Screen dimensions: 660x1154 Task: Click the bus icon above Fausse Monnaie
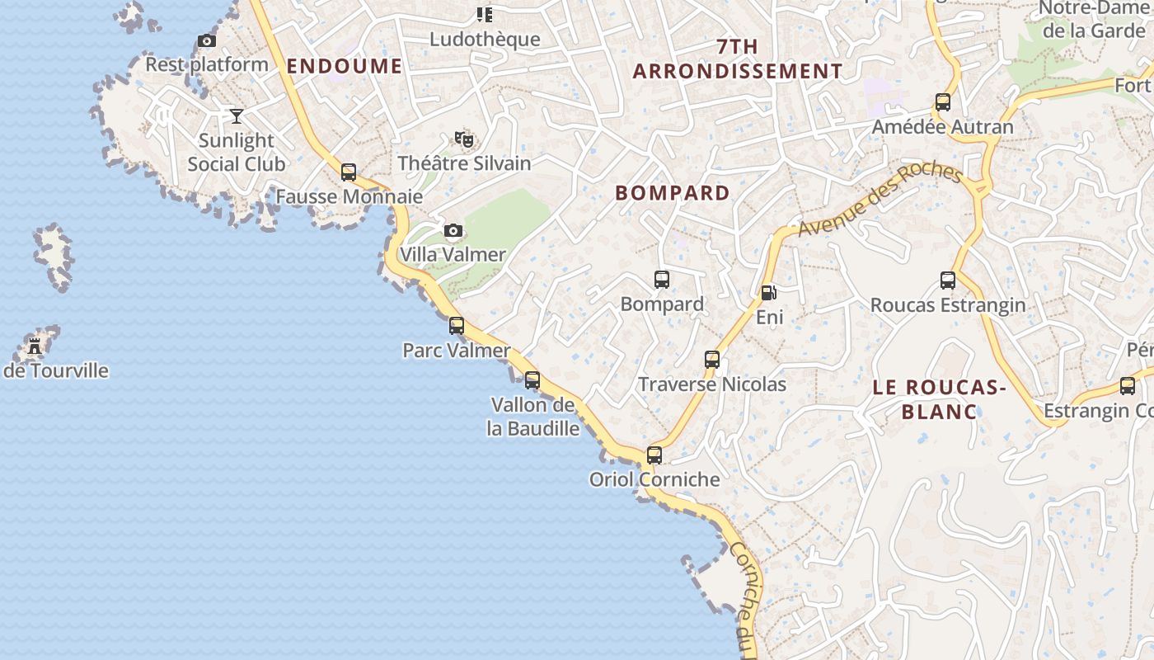coord(349,172)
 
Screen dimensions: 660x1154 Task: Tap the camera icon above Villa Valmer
coord(453,230)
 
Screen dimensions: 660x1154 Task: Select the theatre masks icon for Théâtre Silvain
coord(464,139)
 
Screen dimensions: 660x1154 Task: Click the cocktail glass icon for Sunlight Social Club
coord(237,115)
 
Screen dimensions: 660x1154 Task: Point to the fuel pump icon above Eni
coord(768,292)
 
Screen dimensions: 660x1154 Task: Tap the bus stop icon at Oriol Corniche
coord(654,455)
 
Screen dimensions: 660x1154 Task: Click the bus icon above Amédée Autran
coord(943,102)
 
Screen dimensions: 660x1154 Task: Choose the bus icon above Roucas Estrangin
coord(948,280)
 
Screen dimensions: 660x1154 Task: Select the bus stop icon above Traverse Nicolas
coord(712,359)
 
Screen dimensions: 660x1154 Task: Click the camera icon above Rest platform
coord(207,40)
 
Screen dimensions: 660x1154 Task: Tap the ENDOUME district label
coord(345,66)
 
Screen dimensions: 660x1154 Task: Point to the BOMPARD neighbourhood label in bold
coord(673,193)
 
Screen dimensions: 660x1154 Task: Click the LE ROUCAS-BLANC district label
coord(940,398)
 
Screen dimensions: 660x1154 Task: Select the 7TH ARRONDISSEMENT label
coord(738,59)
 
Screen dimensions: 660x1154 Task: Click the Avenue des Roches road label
coord(880,200)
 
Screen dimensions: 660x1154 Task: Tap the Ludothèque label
coord(485,39)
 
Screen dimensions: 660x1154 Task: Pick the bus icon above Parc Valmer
coord(457,325)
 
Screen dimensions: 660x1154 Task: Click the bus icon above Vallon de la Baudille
coord(532,379)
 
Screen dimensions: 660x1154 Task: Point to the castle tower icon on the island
coord(35,346)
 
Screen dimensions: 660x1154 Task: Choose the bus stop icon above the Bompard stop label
coord(662,279)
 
